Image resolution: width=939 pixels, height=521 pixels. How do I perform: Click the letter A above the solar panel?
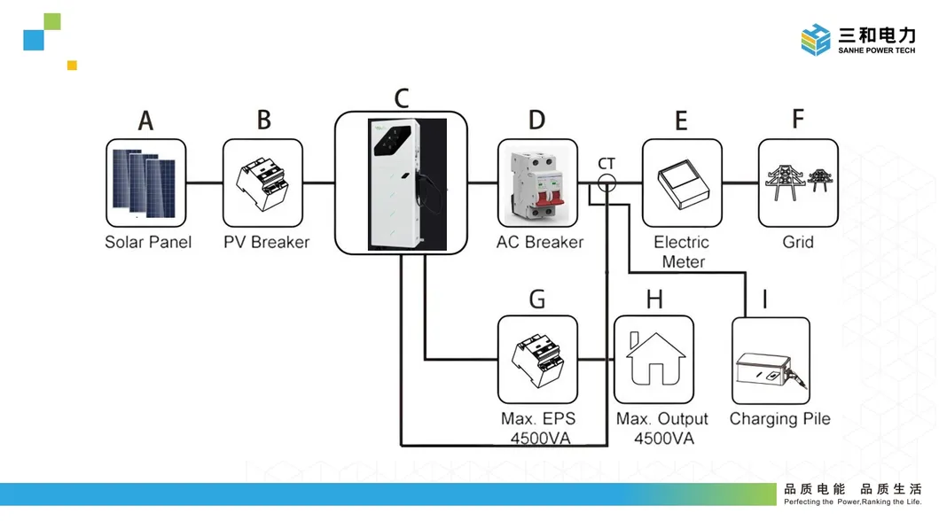pyautogui.click(x=146, y=121)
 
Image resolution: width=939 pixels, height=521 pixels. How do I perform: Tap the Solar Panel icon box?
pyautogui.click(x=147, y=183)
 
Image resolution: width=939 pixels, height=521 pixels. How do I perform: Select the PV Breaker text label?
pyautogui.click(x=266, y=242)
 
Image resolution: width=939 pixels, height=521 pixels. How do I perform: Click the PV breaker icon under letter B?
pyautogui.click(x=264, y=183)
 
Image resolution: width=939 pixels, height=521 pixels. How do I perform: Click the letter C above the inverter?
pyautogui.click(x=402, y=97)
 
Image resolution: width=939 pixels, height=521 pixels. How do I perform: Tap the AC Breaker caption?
pyautogui.click(x=540, y=242)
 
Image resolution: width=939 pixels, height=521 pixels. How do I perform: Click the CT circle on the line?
pyautogui.click(x=606, y=183)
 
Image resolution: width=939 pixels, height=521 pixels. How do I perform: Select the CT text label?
pyautogui.click(x=606, y=164)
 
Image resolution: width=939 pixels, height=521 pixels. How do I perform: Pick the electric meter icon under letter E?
pyautogui.click(x=681, y=183)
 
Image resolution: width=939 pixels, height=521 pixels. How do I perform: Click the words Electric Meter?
pyautogui.click(x=681, y=252)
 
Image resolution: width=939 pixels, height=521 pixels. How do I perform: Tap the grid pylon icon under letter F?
pyautogui.click(x=798, y=183)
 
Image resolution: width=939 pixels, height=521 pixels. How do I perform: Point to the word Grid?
pyautogui.click(x=798, y=242)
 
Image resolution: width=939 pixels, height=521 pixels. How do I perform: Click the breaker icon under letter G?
pyautogui.click(x=537, y=360)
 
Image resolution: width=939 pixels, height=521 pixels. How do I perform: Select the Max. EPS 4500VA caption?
pyautogui.click(x=537, y=428)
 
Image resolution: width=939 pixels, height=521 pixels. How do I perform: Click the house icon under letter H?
pyautogui.click(x=654, y=360)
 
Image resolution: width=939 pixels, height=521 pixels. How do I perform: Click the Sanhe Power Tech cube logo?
pyautogui.click(x=816, y=40)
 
